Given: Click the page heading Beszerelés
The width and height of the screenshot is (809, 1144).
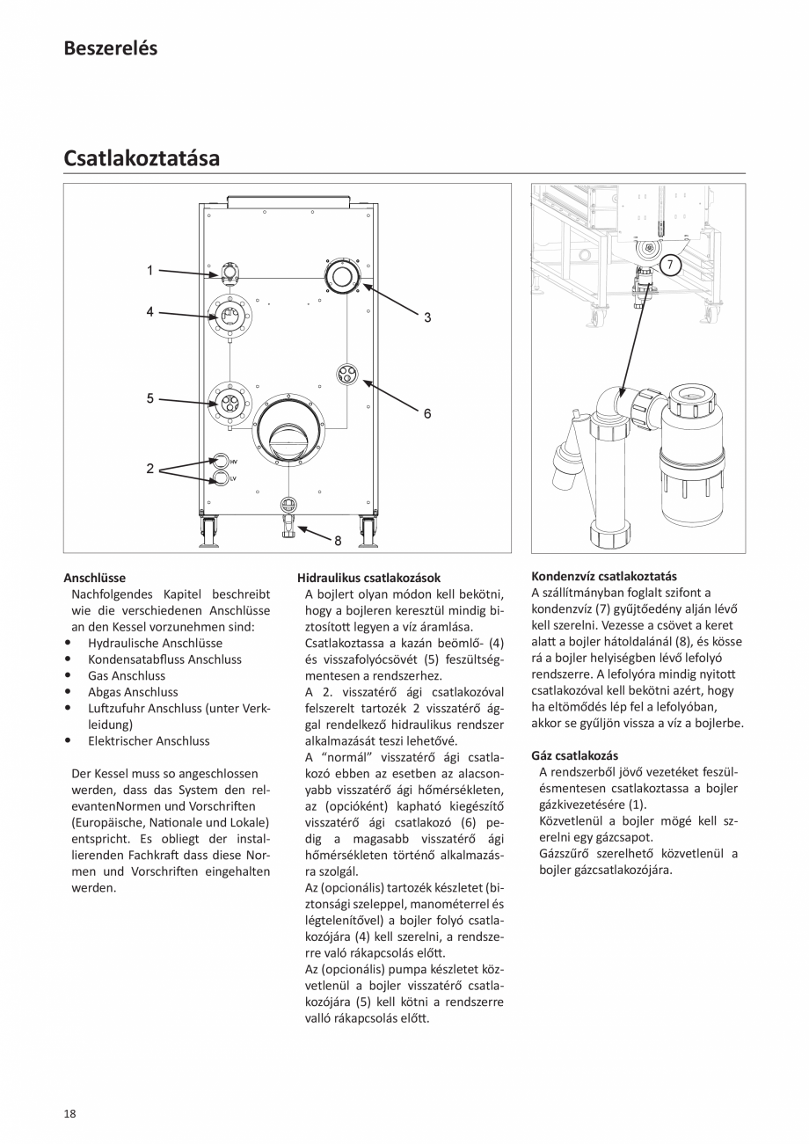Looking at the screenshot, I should [x=110, y=48].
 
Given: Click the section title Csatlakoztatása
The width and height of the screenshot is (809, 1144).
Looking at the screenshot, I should [x=141, y=158].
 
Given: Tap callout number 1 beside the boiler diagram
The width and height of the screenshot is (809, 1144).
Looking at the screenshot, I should [x=149, y=271].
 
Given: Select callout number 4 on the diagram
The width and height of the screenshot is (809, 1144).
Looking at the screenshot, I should [x=149, y=311].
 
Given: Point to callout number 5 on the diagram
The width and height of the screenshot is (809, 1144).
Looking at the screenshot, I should [x=149, y=398].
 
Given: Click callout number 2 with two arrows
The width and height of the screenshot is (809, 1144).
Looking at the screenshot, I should [x=149, y=469].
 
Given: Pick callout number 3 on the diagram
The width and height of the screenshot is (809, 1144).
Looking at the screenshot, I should [x=427, y=317].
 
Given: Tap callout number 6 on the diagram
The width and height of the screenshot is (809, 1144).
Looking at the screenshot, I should [x=427, y=412].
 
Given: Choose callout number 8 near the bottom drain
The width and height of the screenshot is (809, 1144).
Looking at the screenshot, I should [x=338, y=542].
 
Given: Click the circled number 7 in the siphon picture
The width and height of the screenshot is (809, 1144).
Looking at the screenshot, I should [x=669, y=264].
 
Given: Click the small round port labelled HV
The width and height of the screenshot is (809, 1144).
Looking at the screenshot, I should [x=220, y=461].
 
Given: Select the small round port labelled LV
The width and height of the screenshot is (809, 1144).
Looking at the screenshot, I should [x=220, y=478].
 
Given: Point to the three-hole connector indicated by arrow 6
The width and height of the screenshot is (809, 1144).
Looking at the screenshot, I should [x=347, y=375].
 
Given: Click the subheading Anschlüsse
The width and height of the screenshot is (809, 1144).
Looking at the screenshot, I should [x=94, y=578].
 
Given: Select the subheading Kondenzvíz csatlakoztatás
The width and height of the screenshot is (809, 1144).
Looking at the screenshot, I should [x=604, y=576].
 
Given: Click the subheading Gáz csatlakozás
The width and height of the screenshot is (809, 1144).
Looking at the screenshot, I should [x=574, y=755].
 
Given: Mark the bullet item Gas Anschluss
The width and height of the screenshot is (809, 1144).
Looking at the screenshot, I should [x=126, y=675].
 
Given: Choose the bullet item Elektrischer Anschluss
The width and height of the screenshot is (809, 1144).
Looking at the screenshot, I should [x=149, y=740].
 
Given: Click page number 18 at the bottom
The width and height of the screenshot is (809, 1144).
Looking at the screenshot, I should [x=69, y=1113].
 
